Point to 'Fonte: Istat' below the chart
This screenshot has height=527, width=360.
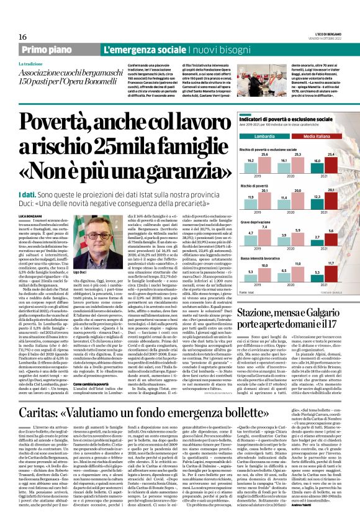click(x=248, y=292)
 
